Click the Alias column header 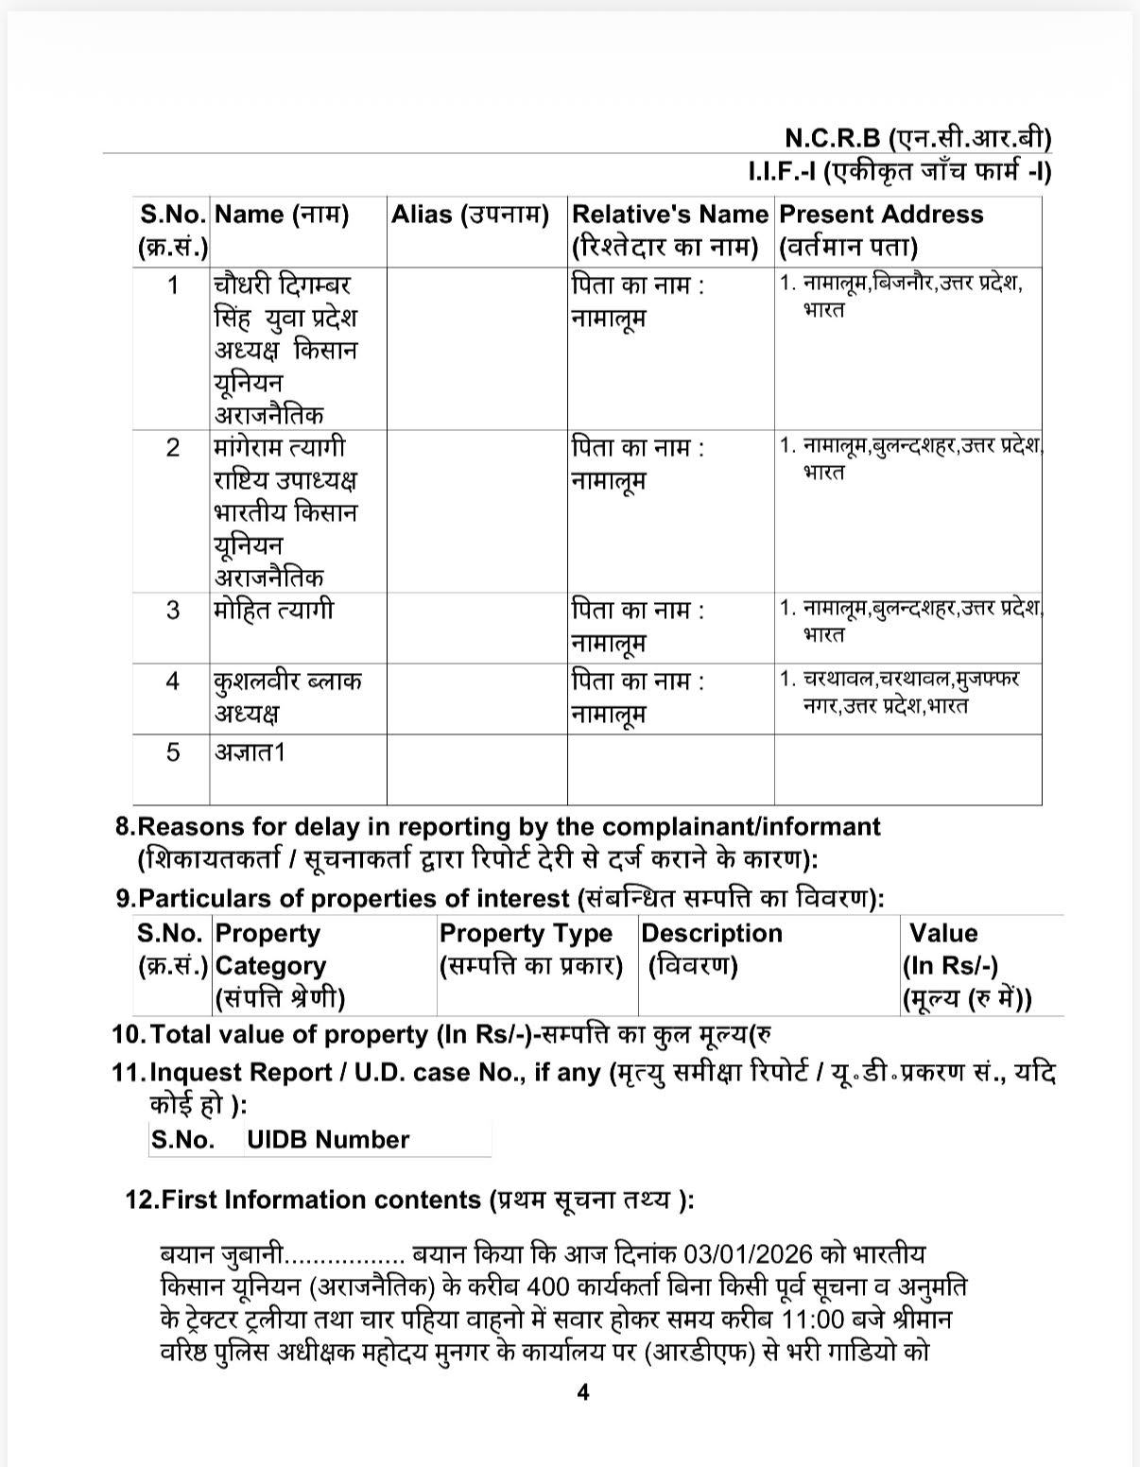click(x=470, y=215)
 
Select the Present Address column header click(x=880, y=230)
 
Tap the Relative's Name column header click(x=669, y=230)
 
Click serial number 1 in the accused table click(x=172, y=285)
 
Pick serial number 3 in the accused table click(x=172, y=610)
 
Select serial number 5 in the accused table click(x=172, y=752)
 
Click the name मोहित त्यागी click(x=273, y=610)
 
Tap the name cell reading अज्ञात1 click(x=250, y=752)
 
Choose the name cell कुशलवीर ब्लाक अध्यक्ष click(x=286, y=697)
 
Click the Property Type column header click(x=530, y=949)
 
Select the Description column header click(x=711, y=949)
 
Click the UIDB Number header click(x=327, y=1140)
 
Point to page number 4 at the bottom click(x=583, y=1392)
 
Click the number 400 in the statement click(x=548, y=1286)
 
